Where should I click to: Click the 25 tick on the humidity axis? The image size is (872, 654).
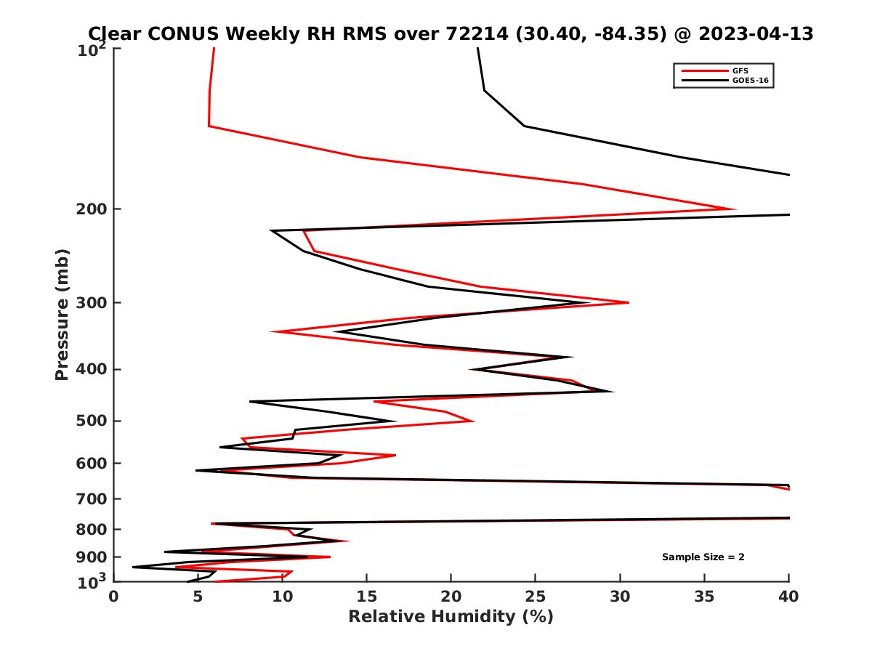(x=536, y=597)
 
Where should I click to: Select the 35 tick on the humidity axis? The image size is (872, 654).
(x=704, y=597)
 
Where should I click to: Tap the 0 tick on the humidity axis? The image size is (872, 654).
(x=113, y=597)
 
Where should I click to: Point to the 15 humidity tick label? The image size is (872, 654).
(x=366, y=597)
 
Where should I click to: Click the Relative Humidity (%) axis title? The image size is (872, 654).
(x=451, y=617)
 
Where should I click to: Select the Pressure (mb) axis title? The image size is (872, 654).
(x=62, y=314)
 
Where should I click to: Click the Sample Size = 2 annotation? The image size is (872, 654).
(x=703, y=557)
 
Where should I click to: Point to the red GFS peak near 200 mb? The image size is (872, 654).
(x=734, y=209)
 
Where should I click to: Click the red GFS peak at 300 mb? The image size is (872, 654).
(x=628, y=302)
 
